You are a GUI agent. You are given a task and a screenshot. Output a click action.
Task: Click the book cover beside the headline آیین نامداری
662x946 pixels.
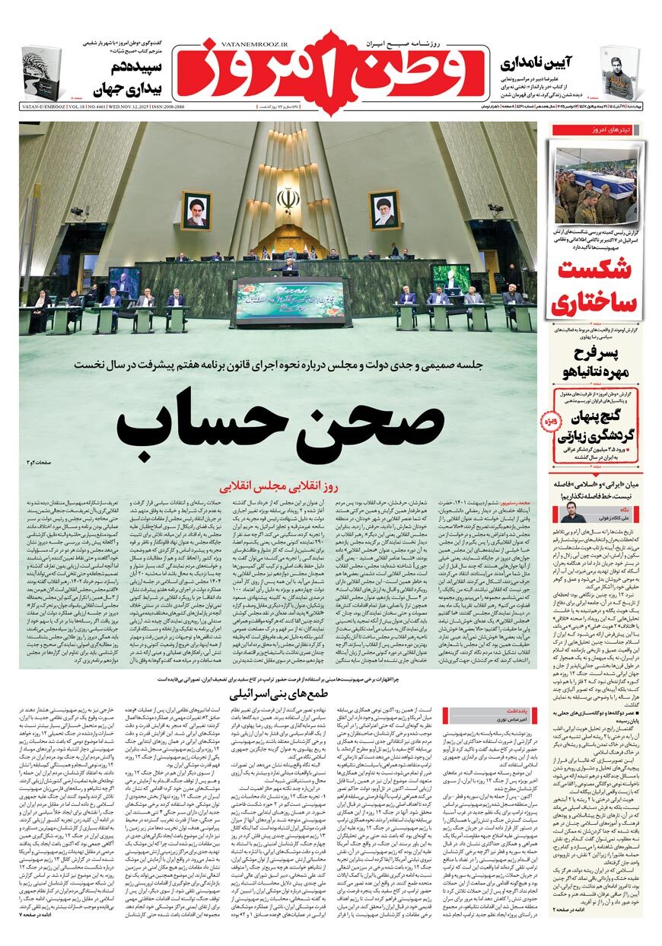click(619, 73)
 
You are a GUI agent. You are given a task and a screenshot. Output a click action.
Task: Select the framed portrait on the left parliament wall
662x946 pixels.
click(196, 210)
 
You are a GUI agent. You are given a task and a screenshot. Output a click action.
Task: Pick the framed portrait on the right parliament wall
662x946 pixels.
click(384, 210)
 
